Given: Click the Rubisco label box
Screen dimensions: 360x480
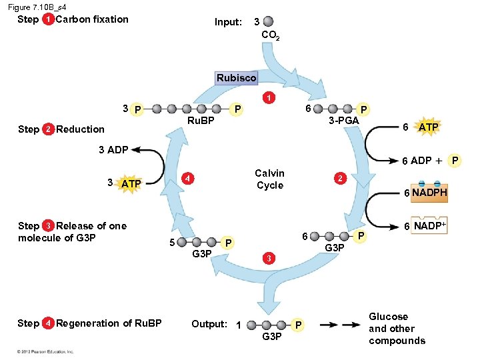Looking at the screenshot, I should (236, 78).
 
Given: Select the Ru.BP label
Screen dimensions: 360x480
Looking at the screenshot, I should (201, 121).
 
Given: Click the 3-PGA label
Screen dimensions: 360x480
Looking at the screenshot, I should (344, 120).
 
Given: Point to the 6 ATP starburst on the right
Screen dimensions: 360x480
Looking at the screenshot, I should (427, 127).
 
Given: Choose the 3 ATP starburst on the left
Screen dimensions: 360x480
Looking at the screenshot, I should (131, 183).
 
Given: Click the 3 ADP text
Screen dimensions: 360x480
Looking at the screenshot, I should (113, 149).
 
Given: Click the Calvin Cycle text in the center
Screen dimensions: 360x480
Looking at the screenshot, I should (269, 179).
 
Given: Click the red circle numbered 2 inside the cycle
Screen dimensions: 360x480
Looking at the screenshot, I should (339, 179).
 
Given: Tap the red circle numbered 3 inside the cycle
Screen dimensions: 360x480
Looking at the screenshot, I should (267, 258).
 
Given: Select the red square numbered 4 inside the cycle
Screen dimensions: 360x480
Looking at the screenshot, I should (189, 179).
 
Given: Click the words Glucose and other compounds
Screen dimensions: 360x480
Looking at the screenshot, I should (397, 329).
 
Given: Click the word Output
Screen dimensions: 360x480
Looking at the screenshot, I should (209, 324).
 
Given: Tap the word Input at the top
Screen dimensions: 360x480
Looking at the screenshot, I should (228, 22).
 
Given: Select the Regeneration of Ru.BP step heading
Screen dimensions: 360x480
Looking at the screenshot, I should (109, 323).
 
